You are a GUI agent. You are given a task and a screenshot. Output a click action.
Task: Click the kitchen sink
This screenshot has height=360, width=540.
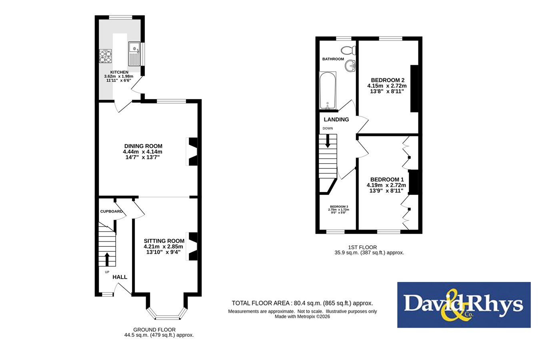[x=134, y=54]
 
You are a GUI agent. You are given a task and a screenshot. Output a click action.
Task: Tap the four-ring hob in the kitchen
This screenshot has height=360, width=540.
[x=106, y=56]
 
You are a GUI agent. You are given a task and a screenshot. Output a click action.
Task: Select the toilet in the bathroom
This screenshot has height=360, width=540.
[x=348, y=50]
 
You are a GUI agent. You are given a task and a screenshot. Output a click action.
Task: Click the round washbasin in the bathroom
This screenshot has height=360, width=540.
[x=350, y=66]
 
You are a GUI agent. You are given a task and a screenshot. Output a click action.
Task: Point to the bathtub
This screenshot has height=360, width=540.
[x=328, y=90]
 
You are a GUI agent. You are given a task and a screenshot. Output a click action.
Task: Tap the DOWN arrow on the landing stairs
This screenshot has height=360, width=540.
[x=328, y=141]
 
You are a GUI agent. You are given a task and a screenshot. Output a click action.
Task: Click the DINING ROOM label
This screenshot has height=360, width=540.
[x=143, y=146]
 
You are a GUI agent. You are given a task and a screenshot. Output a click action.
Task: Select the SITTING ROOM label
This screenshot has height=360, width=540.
[x=164, y=241]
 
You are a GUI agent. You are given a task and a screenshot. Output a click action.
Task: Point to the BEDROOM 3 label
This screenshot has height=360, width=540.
[x=339, y=207]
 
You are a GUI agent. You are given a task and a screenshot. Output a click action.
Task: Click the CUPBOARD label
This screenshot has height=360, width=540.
[x=111, y=212]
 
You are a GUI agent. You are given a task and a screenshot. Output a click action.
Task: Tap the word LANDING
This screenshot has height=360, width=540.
[x=336, y=120]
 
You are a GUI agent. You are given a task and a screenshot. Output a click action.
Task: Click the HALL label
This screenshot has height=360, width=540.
[x=120, y=277]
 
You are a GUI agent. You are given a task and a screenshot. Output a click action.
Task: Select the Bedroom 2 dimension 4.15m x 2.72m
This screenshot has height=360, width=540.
[x=387, y=86]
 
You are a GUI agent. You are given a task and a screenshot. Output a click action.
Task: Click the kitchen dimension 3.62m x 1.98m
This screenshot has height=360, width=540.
[x=119, y=76]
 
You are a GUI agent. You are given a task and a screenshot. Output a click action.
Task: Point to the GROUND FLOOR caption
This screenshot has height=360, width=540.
[x=154, y=330]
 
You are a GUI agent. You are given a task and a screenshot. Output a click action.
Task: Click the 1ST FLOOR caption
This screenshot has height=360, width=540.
[x=362, y=247]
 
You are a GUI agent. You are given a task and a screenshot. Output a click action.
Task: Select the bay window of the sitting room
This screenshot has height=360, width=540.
[x=167, y=314]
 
